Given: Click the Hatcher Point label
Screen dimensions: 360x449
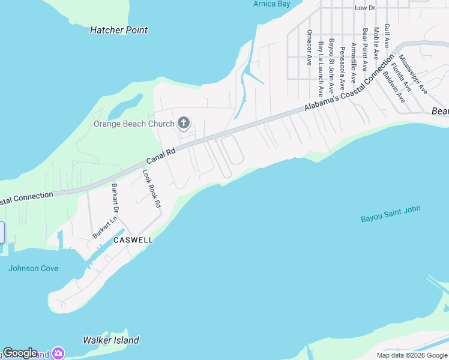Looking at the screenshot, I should click(x=118, y=30).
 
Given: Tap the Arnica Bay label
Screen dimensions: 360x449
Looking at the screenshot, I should click(x=271, y=4).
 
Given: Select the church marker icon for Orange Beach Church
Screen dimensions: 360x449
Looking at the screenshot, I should click(x=184, y=124).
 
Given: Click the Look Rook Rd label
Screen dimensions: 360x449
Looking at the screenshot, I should click(x=152, y=188).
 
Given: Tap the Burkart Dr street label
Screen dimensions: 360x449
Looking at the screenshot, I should click(x=113, y=199).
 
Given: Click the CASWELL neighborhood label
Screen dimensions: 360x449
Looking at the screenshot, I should click(x=133, y=240).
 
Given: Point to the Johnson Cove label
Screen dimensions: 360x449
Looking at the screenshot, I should click(x=34, y=268).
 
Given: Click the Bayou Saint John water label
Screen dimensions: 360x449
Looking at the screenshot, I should click(x=391, y=214).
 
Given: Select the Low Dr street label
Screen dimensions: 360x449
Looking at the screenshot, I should click(x=364, y=8).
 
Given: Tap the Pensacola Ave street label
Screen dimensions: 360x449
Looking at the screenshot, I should click(x=342, y=66).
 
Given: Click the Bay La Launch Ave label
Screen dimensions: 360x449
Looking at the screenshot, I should click(x=321, y=69).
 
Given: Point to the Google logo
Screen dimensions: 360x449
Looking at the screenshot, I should click(x=20, y=353).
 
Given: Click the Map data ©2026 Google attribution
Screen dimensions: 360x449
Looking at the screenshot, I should click(x=412, y=355).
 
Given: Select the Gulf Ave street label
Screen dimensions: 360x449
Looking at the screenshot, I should click(x=387, y=36).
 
